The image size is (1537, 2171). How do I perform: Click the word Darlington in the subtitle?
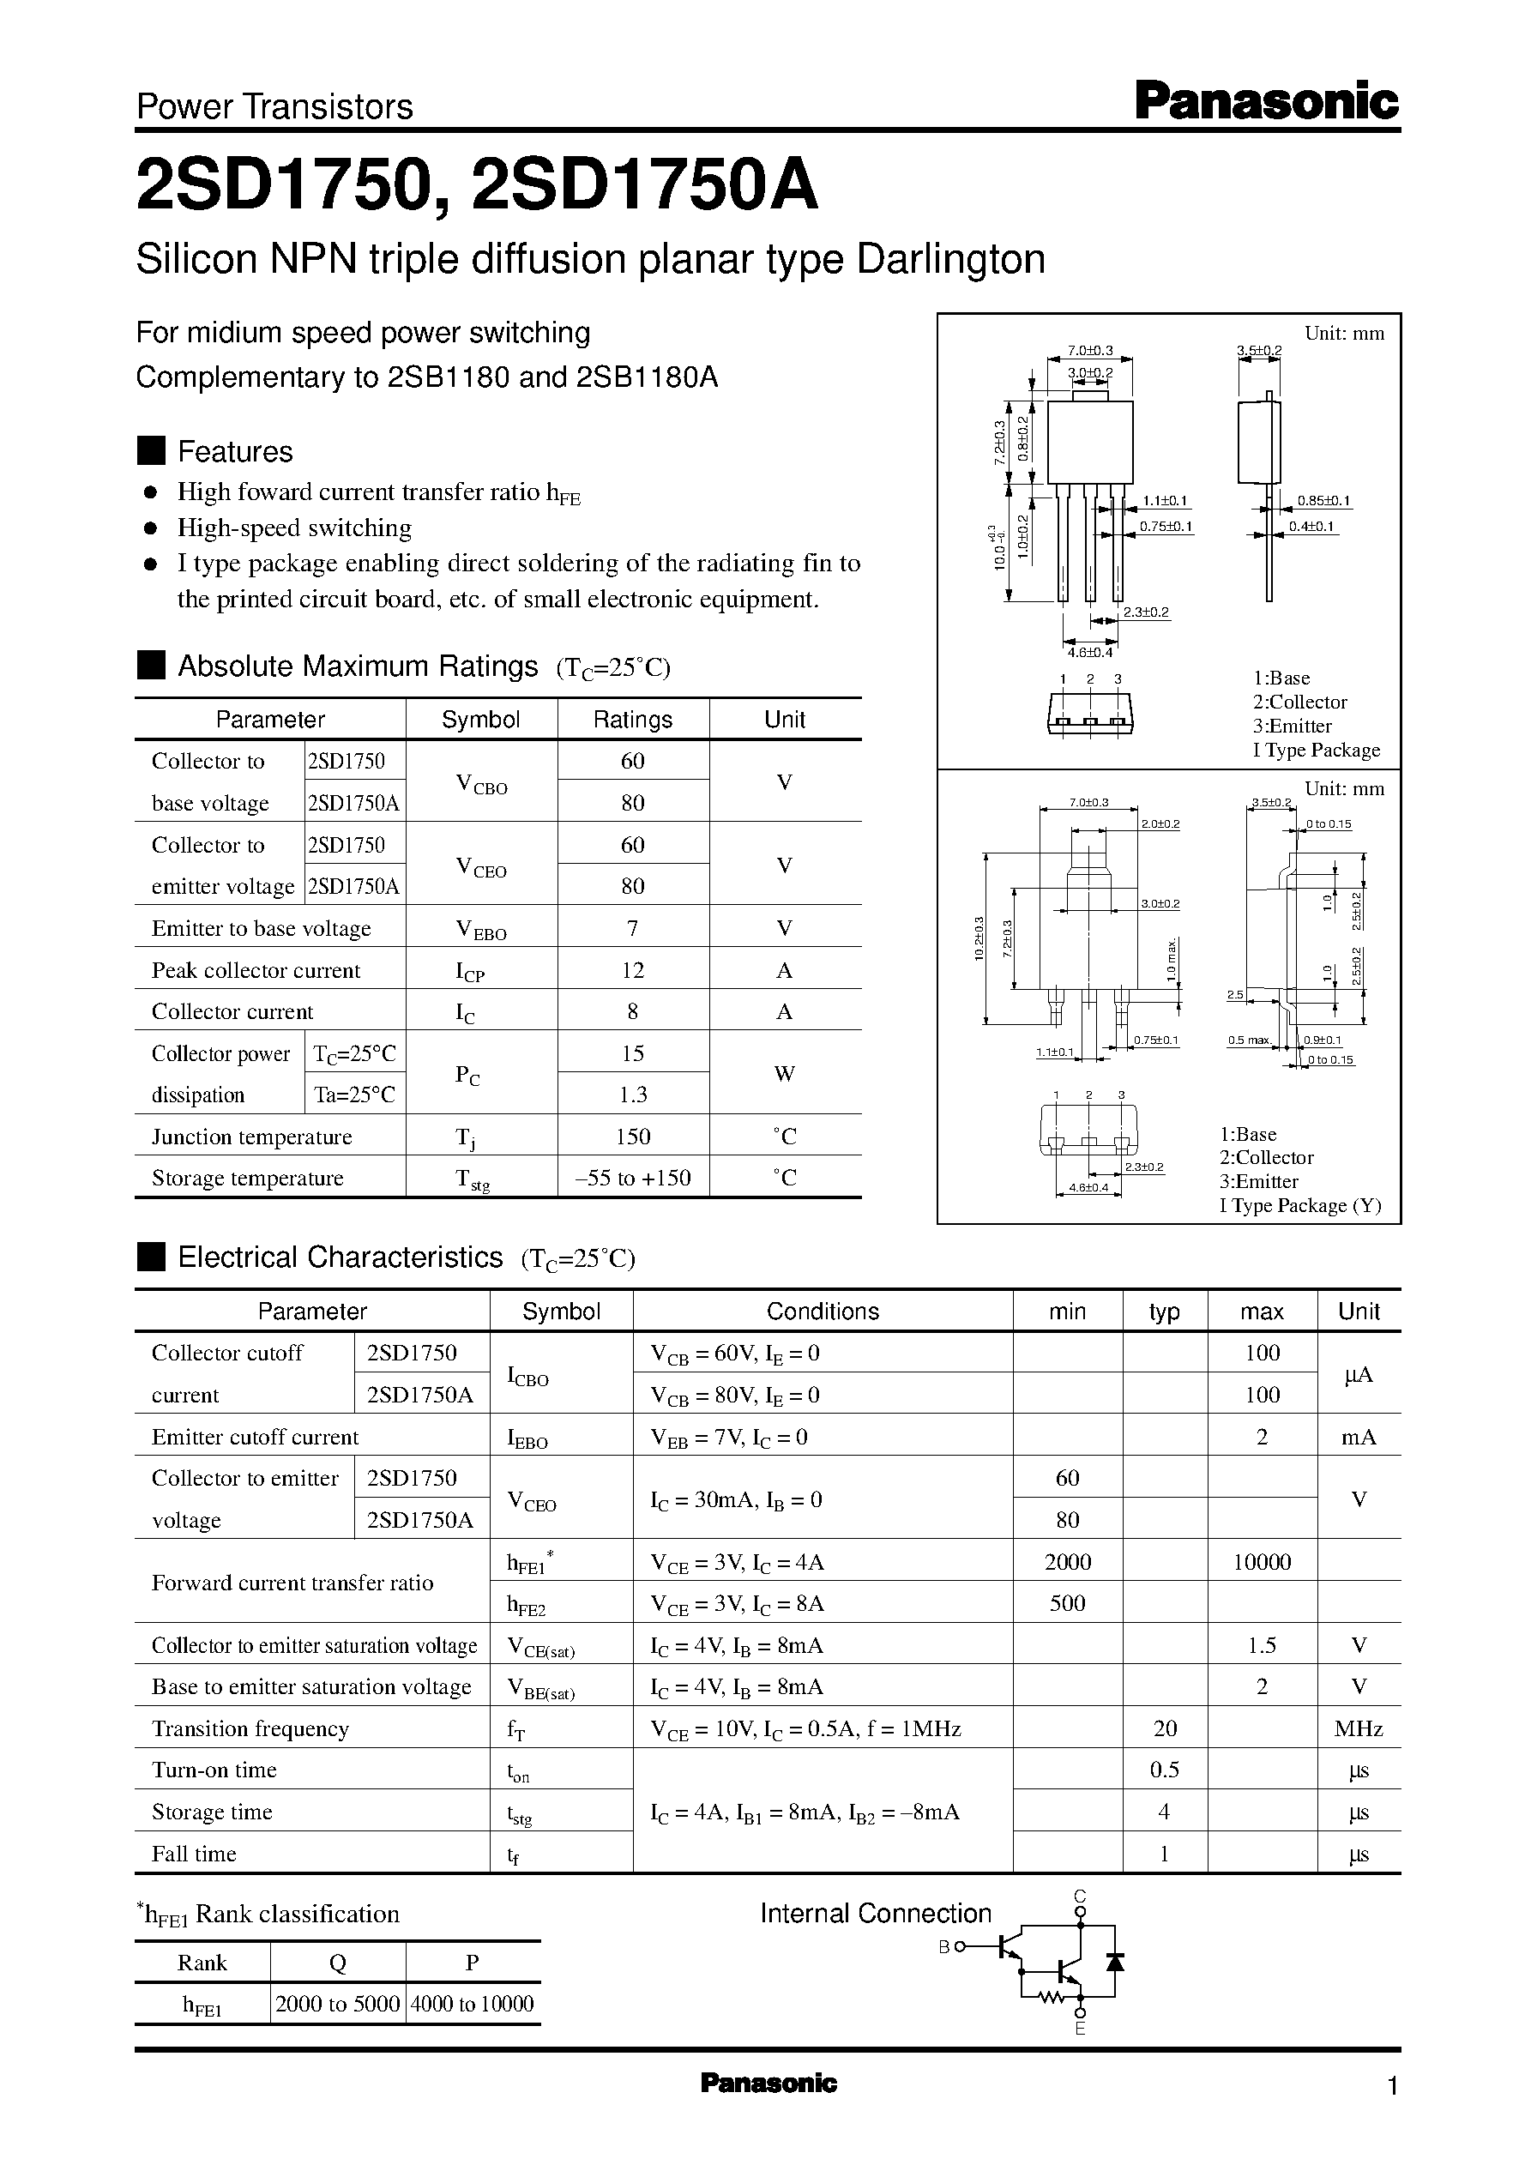(x=950, y=258)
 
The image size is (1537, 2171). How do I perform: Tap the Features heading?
(x=235, y=451)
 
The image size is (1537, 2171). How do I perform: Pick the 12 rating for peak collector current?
(x=632, y=970)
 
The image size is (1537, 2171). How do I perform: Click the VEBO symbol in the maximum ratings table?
(x=481, y=931)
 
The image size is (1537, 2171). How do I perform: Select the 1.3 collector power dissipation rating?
(x=632, y=1095)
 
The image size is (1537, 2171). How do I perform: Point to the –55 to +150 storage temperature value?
(x=632, y=1179)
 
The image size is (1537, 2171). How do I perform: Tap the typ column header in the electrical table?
(x=1164, y=1312)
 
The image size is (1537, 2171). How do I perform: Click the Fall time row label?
(x=194, y=1854)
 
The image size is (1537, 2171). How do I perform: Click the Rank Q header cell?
(x=337, y=1963)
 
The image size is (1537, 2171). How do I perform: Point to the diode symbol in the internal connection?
(x=1115, y=1961)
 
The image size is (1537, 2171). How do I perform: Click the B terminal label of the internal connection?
(x=943, y=1947)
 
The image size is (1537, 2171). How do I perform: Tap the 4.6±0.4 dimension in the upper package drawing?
(x=1089, y=652)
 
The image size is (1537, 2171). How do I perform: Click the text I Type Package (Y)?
(x=1299, y=1206)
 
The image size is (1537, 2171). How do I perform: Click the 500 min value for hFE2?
(x=1067, y=1604)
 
